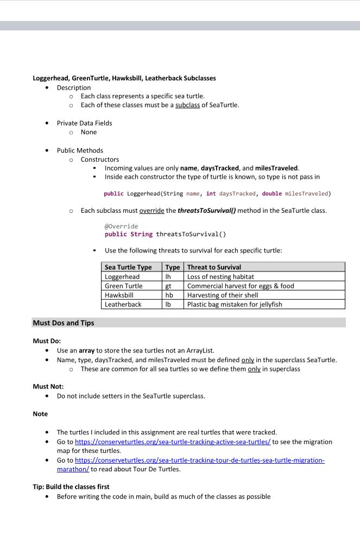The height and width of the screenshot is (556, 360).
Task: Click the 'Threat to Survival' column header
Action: pyautogui.click(x=214, y=267)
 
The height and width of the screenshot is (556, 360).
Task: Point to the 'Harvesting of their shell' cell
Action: pyautogui.click(x=223, y=295)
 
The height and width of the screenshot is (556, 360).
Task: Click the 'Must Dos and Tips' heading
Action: pyautogui.click(x=64, y=323)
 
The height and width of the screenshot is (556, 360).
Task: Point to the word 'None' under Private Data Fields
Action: pyautogui.click(x=89, y=132)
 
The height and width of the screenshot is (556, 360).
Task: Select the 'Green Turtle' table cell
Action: pyautogui.click(x=124, y=286)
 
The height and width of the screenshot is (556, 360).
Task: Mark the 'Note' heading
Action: pyautogui.click(x=40, y=414)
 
